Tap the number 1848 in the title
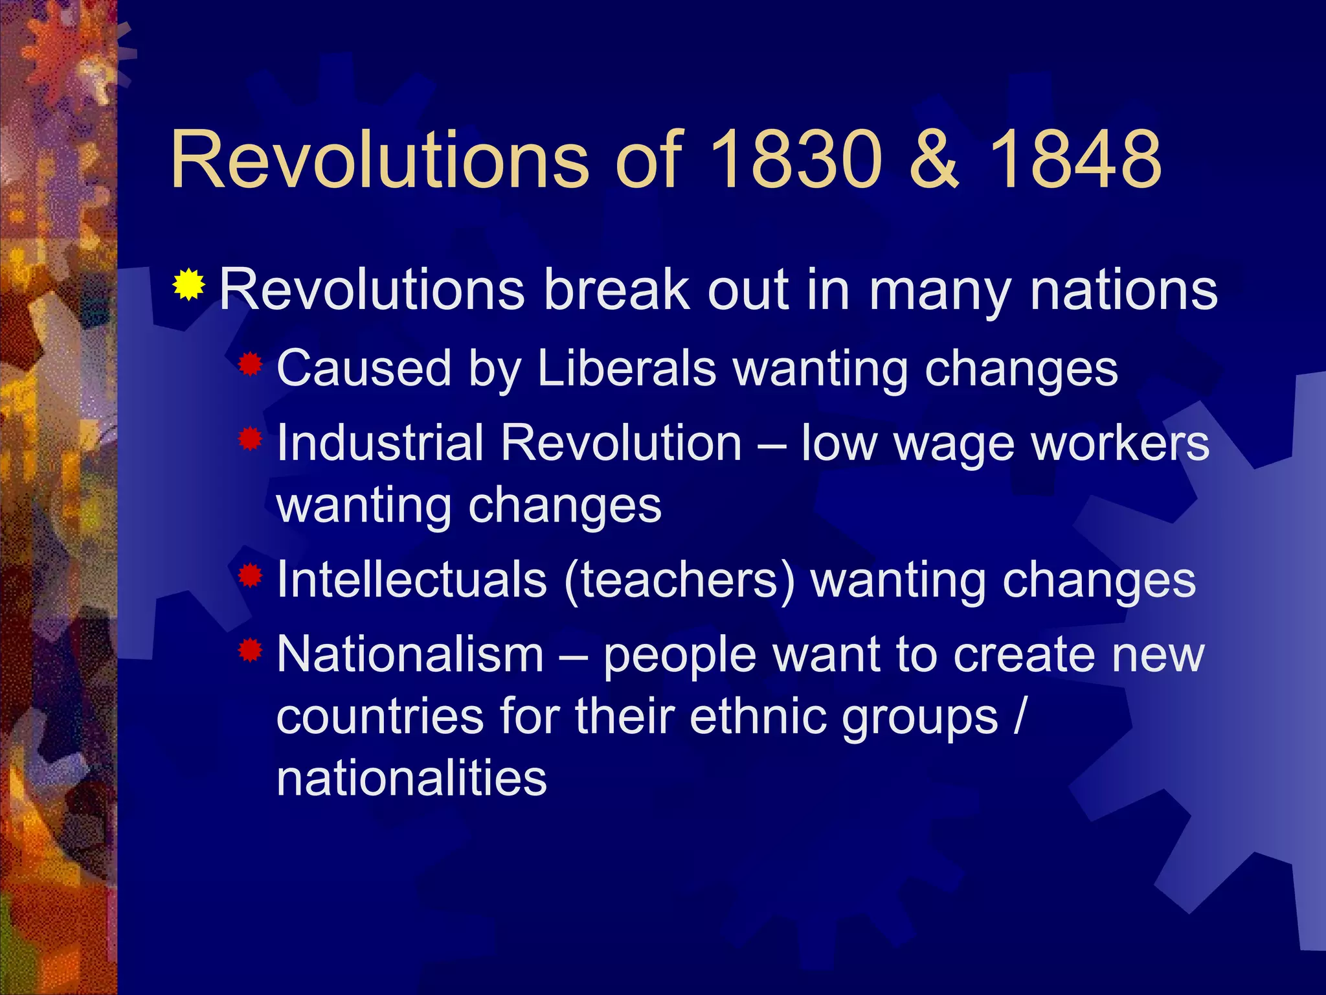(1075, 159)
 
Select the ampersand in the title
(933, 159)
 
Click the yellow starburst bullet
(188, 284)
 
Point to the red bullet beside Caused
(249, 365)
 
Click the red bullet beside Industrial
(249, 440)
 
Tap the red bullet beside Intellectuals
(249, 575)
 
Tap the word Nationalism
(410, 654)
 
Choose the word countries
(380, 716)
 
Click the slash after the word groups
(1020, 716)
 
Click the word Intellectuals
(412, 579)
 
